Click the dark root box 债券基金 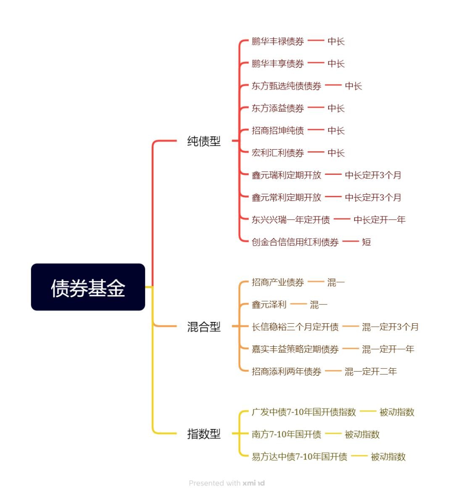(x=88, y=287)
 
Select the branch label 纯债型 (x=204, y=141)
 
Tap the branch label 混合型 (x=204, y=327)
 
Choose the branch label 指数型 (x=204, y=434)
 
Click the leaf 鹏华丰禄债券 (x=278, y=41)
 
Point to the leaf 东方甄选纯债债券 (x=286, y=86)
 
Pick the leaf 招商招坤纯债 (x=278, y=130)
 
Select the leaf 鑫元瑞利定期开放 (x=286, y=175)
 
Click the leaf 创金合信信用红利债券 (x=295, y=242)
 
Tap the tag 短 (x=367, y=242)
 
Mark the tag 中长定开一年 (x=379, y=219)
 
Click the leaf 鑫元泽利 (x=269, y=305)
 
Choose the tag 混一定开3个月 (x=390, y=327)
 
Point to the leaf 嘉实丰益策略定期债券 (x=295, y=349)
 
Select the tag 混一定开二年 (x=370, y=371)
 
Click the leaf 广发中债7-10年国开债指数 (x=304, y=412)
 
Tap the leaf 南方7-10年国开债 (x=286, y=434)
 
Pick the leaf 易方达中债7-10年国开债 (x=299, y=456)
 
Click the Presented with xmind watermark (x=227, y=483)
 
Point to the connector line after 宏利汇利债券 (x=316, y=153)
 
